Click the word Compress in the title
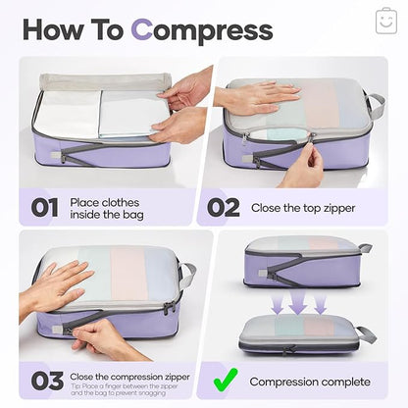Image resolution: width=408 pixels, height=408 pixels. pos(202,29)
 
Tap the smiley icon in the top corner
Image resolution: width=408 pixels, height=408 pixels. pos(385,21)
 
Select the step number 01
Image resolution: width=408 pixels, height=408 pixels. pos(46,208)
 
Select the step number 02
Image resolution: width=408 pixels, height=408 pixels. pos(221,207)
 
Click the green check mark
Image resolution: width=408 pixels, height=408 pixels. pos(225,380)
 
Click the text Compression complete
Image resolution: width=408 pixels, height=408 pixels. pos(311,381)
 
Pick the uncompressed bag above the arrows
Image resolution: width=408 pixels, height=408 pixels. pos(302,260)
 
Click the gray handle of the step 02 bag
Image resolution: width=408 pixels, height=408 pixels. pos(376,105)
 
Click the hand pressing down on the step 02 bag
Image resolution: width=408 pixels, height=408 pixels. pos(257,95)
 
